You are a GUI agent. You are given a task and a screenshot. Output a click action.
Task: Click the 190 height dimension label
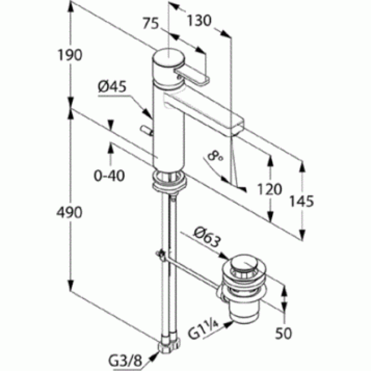point(70,55)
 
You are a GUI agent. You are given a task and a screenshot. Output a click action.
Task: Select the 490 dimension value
point(69,212)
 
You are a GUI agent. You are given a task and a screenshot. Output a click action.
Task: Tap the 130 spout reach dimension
point(199,20)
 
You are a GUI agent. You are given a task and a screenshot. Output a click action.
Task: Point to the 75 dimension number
point(151,24)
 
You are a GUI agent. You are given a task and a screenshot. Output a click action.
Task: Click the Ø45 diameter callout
point(112,87)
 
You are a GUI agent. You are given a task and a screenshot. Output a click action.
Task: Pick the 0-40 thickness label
point(109,176)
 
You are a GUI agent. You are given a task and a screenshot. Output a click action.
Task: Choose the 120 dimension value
point(269,189)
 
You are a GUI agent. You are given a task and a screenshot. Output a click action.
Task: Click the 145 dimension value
point(302,201)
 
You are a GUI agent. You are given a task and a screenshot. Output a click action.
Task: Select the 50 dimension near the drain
point(283,333)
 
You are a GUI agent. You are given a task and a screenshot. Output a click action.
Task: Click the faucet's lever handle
point(192,76)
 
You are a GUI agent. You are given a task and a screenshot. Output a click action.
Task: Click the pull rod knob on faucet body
point(147,131)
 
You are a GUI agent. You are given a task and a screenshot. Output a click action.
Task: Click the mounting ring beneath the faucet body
point(169,180)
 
